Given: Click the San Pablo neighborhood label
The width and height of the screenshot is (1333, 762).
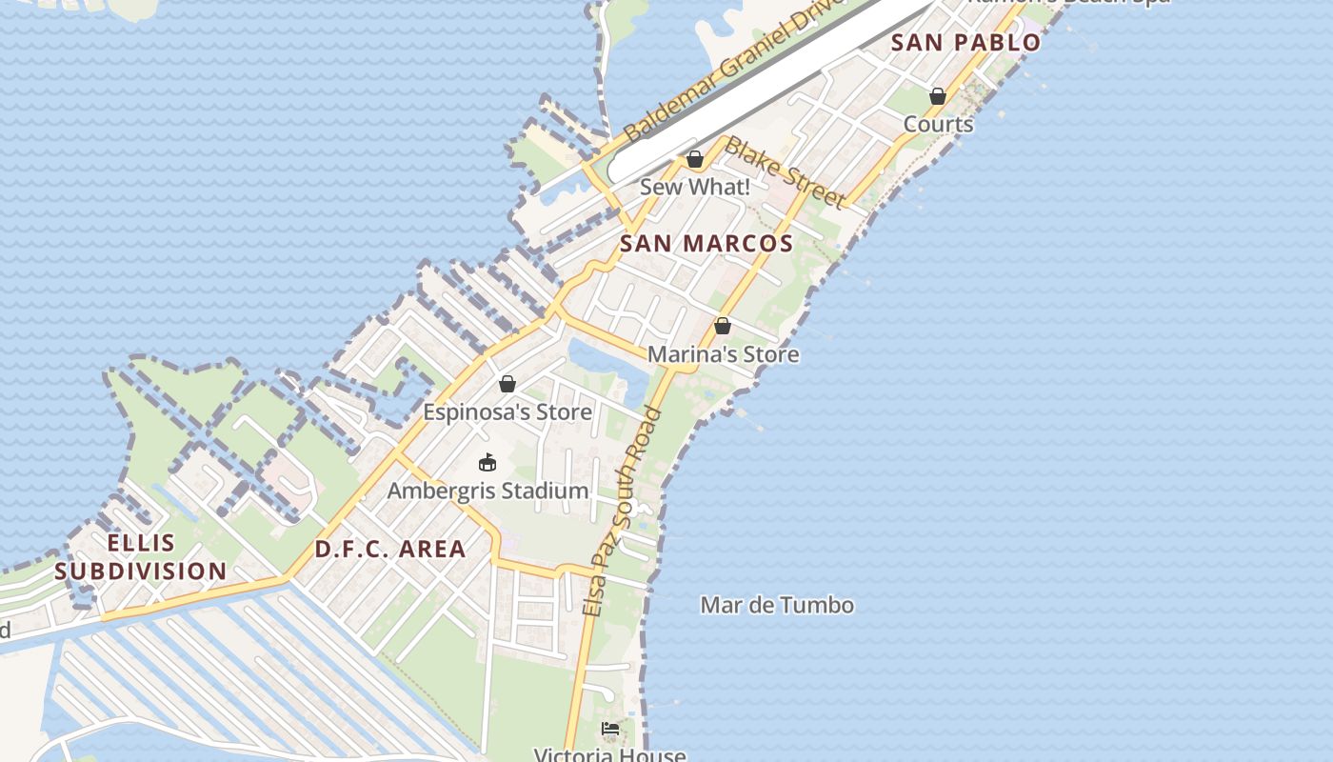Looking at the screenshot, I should point(965,43).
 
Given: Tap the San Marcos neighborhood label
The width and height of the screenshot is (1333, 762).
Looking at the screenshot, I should point(706,244).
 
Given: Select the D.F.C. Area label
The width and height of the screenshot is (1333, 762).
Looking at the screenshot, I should point(390,550).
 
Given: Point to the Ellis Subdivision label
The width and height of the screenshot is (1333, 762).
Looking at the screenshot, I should point(141,557).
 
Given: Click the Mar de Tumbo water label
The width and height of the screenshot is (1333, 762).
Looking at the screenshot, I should point(777,606).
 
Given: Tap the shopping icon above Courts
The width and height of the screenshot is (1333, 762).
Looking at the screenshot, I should point(938,96).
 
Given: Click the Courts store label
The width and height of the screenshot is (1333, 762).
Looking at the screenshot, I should point(938,125).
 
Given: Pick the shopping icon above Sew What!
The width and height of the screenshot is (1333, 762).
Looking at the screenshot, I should point(695,159).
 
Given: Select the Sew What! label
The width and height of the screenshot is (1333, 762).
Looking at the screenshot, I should point(695,188).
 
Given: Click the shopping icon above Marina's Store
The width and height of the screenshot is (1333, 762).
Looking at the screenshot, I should point(723,326).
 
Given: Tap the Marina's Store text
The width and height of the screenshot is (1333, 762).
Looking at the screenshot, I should point(723,355).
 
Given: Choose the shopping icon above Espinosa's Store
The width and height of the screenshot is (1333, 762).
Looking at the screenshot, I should point(507,384).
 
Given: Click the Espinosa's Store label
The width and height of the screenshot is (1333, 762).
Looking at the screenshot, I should point(507,413).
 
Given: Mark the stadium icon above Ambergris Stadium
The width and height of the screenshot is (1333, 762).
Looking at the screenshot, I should point(487,463).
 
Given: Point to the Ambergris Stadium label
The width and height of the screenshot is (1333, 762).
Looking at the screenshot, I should point(487,491).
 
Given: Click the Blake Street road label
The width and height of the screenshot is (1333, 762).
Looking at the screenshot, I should point(784,172).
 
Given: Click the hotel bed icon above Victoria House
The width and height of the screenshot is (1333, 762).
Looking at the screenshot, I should point(610,730).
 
